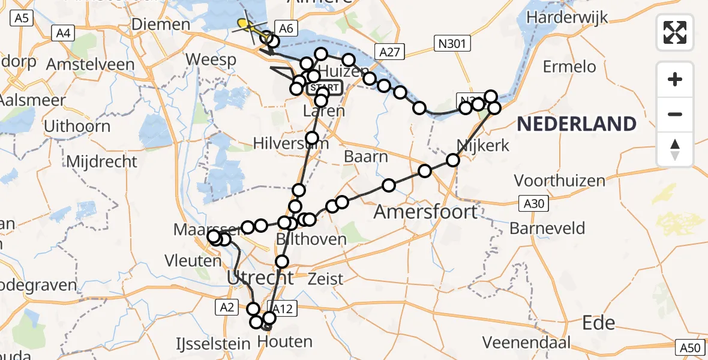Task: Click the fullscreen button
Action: tap(675, 32)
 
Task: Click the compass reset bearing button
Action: tap(675, 149)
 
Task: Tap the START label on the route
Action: tap(325, 88)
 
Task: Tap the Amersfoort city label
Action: tap(426, 211)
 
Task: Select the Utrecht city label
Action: tap(260, 278)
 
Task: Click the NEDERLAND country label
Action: tap(577, 124)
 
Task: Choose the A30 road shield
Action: tap(533, 204)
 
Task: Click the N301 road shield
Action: tap(453, 43)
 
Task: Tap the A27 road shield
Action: tap(388, 52)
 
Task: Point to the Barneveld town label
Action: tap(547, 229)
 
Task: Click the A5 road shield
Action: tap(22, 19)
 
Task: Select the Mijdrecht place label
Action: tap(101, 161)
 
